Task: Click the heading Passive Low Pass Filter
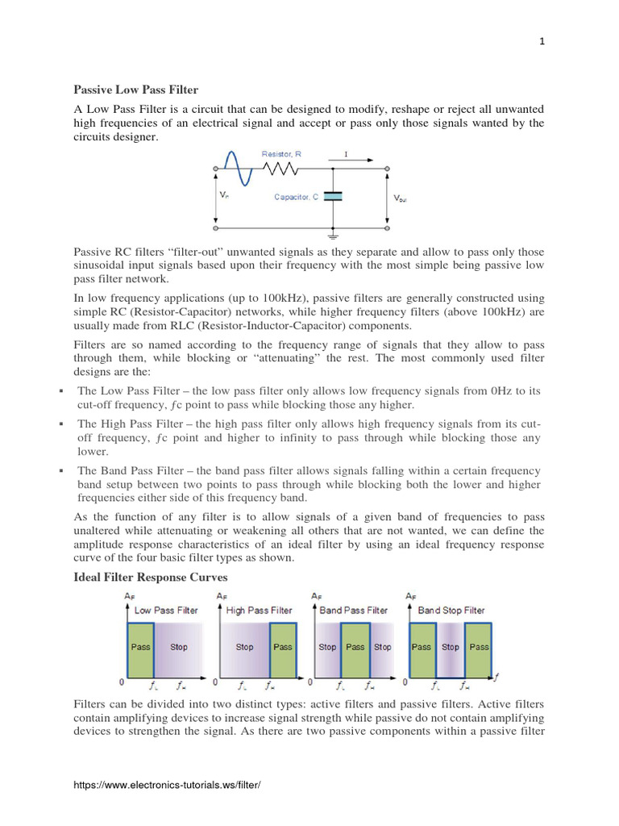(x=135, y=90)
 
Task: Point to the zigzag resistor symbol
(x=281, y=169)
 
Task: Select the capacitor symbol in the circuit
(x=333, y=196)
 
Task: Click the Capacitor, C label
(x=296, y=197)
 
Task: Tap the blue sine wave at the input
(x=235, y=169)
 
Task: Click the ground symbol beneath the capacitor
(x=333, y=236)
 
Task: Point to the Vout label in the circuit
(x=400, y=198)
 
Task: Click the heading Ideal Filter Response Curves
(x=151, y=578)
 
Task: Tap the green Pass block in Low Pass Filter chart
(x=140, y=647)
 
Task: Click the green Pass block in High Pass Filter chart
(x=283, y=647)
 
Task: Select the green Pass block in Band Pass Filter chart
(x=355, y=647)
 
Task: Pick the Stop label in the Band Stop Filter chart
(x=451, y=647)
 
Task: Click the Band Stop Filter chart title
(x=451, y=611)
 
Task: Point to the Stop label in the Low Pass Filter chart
(x=179, y=647)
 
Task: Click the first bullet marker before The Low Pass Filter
(x=61, y=391)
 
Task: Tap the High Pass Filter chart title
(x=259, y=611)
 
